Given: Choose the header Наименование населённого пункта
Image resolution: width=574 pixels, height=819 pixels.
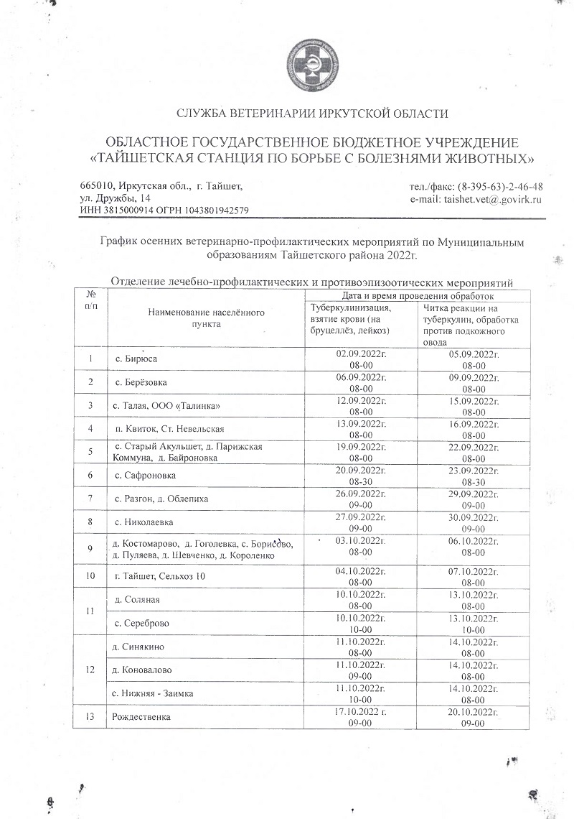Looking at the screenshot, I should [x=207, y=318].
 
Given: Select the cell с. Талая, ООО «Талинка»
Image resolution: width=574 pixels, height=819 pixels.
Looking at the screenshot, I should [x=166, y=407].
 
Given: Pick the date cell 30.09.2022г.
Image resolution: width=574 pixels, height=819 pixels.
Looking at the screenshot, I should [x=474, y=516].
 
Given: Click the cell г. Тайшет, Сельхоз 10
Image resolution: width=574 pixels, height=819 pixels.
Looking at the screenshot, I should [x=159, y=576].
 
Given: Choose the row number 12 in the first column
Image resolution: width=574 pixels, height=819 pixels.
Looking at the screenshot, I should [x=90, y=670].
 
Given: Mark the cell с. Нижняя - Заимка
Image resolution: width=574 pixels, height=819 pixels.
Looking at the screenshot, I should [x=154, y=693].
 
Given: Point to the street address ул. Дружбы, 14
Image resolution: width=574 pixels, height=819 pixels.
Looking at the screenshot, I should [x=116, y=198].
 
